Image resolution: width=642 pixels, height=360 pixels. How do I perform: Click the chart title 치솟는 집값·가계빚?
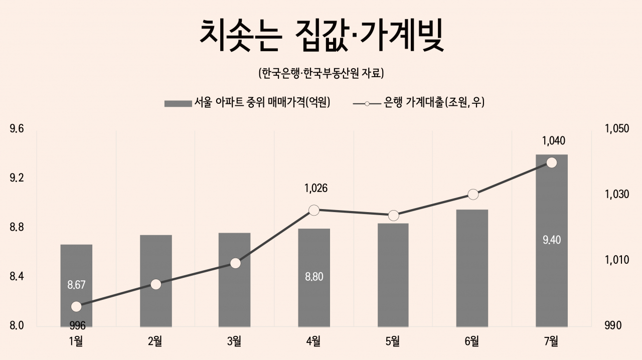tap(322, 36)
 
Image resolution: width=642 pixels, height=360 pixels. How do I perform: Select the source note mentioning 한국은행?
tap(321, 73)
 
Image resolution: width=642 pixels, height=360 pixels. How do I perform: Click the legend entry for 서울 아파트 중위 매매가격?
tap(247, 102)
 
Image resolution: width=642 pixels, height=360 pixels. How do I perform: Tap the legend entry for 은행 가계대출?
tap(419, 102)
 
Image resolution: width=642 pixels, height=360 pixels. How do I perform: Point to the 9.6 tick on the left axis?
tap(17, 129)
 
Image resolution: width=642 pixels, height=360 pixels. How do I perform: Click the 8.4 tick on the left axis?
tap(17, 277)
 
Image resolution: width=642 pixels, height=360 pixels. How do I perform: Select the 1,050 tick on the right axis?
tap(617, 129)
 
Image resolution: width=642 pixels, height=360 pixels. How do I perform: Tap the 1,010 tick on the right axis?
tap(617, 260)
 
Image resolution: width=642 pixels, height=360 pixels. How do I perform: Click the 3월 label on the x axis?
tap(234, 341)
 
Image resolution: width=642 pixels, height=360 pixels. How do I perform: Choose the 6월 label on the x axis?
tap(472, 341)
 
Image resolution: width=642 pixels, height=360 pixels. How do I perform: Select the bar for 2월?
tap(156, 281)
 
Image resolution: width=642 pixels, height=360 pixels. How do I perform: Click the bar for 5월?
tap(393, 275)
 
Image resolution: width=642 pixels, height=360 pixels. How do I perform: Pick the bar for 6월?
tap(472, 268)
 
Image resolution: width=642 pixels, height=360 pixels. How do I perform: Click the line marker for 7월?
tap(551, 163)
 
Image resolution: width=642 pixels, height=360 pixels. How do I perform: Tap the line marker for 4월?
tap(314, 211)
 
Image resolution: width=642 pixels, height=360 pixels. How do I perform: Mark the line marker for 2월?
tap(156, 285)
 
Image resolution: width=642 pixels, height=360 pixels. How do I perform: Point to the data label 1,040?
tap(553, 141)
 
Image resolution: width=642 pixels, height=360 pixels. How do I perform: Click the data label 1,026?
tap(316, 189)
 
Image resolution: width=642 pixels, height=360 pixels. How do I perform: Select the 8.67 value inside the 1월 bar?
tap(77, 285)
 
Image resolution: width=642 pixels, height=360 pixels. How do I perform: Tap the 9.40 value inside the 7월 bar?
tap(552, 240)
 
